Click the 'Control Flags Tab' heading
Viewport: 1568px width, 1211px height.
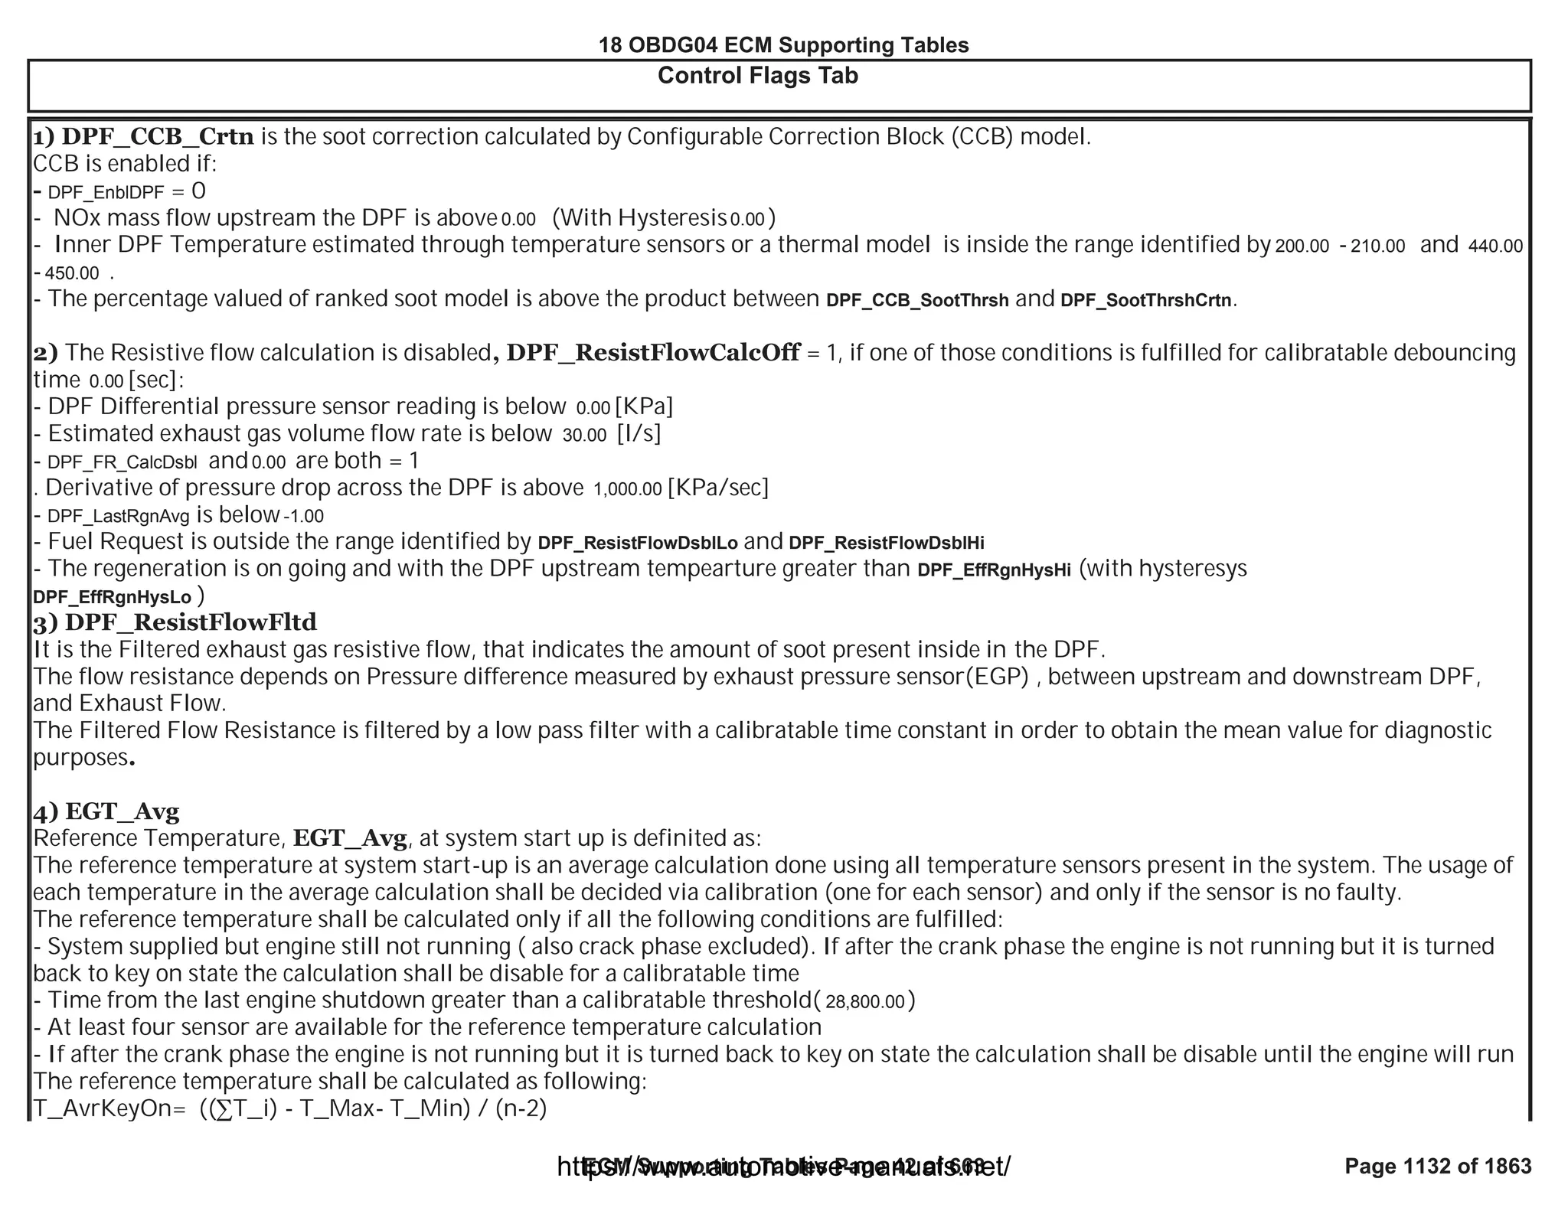pos(757,76)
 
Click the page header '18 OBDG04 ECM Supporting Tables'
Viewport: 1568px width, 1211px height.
pos(783,45)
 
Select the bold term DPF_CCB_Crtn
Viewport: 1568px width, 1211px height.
pos(157,136)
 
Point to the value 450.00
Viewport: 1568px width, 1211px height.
pos(71,273)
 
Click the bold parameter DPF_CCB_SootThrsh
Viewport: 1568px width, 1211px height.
pos(917,300)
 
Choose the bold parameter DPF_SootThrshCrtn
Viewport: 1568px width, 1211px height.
pos(1145,300)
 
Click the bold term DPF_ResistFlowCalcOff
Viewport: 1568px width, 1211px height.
pos(653,352)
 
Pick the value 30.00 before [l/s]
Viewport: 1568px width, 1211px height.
pos(584,436)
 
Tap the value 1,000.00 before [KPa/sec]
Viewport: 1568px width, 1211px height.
pos(627,489)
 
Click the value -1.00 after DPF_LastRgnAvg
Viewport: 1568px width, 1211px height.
pos(304,517)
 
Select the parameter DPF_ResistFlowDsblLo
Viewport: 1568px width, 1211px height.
pos(638,543)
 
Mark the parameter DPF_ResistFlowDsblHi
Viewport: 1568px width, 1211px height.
pos(886,543)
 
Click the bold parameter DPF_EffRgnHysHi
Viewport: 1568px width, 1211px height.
pos(993,570)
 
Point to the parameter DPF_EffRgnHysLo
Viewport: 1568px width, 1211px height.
pos(112,597)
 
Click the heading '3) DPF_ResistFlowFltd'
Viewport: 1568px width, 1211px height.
pos(175,622)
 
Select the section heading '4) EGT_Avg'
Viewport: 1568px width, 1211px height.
pos(106,811)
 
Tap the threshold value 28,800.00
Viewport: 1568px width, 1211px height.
pos(865,1002)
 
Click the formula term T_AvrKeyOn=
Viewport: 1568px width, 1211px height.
pos(109,1108)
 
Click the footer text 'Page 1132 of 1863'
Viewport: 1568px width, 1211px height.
pos(1437,1166)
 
